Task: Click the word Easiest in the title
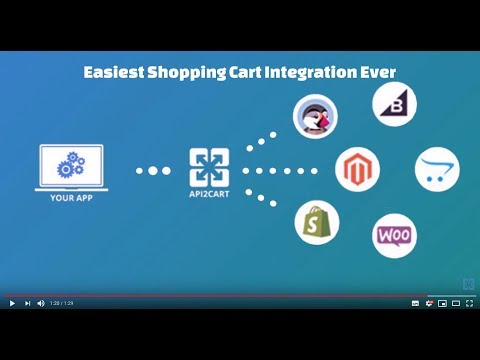(113, 73)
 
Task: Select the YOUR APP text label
(71, 197)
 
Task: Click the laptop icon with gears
(71, 166)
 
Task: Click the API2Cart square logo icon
(210, 167)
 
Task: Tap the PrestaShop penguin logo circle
(315, 116)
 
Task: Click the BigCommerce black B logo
(394, 104)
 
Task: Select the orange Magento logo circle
(357, 170)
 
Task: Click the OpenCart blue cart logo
(437, 170)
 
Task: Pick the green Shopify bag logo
(316, 222)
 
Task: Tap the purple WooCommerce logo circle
(394, 236)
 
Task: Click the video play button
(12, 303)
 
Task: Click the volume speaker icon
(41, 303)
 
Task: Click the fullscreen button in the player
(469, 303)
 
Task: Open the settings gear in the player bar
(429, 303)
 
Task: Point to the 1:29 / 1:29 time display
(62, 303)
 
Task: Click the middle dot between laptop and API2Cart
(153, 171)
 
